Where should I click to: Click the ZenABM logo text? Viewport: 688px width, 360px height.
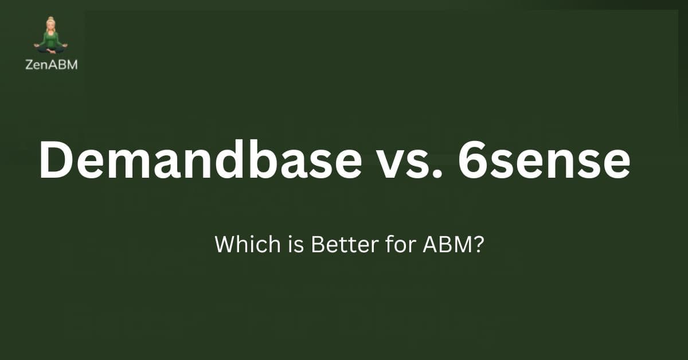pyautogui.click(x=52, y=65)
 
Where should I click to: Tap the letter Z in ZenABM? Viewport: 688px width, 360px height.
pyautogui.click(x=29, y=65)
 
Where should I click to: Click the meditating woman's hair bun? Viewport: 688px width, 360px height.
pyautogui.click(x=50, y=20)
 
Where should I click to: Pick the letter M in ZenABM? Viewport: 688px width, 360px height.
pyautogui.click(x=72, y=65)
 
